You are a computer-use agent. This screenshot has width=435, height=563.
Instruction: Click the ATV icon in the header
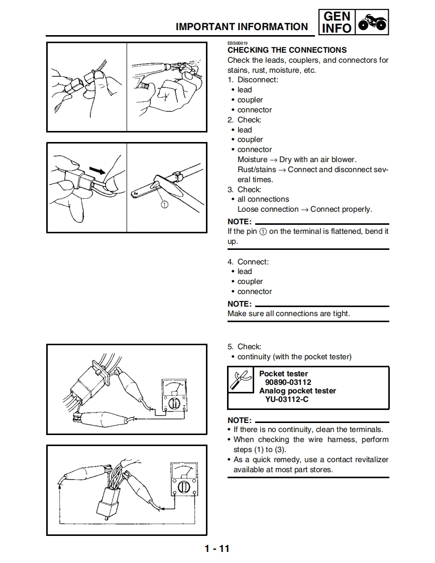point(372,23)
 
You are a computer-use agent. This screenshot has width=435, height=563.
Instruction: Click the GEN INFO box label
point(337,23)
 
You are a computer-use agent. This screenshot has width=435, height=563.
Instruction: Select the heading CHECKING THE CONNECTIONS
point(287,50)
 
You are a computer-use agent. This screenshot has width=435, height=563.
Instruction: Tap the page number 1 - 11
point(217,548)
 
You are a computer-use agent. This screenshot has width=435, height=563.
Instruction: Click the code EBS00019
point(238,44)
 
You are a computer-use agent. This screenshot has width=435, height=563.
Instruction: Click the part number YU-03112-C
point(287,399)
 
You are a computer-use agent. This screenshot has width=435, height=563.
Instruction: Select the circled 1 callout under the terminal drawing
point(165,204)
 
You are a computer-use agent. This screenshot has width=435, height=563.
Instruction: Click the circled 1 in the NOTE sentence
point(263,232)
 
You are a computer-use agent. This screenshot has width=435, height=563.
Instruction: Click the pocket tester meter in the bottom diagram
point(184,479)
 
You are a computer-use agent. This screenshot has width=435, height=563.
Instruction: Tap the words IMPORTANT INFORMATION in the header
point(242,27)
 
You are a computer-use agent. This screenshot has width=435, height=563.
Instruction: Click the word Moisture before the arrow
point(252,160)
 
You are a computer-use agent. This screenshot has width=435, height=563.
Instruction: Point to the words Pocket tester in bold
point(283,374)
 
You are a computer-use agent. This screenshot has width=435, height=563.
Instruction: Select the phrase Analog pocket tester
point(297,391)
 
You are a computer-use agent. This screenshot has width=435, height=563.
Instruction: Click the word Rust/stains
point(257,170)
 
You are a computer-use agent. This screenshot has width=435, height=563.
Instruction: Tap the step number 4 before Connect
point(230,262)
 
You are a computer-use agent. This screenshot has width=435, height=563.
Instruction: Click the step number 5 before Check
point(230,347)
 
